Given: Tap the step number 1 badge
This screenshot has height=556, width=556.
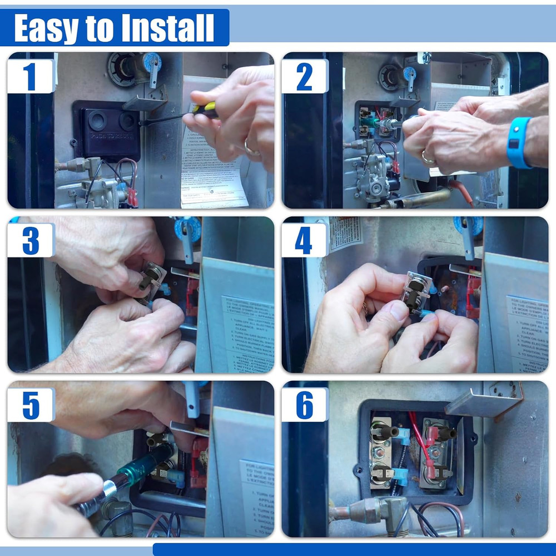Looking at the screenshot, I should pos(30,76).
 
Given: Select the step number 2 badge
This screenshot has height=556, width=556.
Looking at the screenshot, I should pos(304,76).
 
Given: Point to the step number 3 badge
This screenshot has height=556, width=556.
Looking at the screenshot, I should pos(30,240).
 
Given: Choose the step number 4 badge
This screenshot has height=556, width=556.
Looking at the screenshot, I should pos(304,240).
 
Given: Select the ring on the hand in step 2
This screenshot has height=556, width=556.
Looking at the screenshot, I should pos(427,158).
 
